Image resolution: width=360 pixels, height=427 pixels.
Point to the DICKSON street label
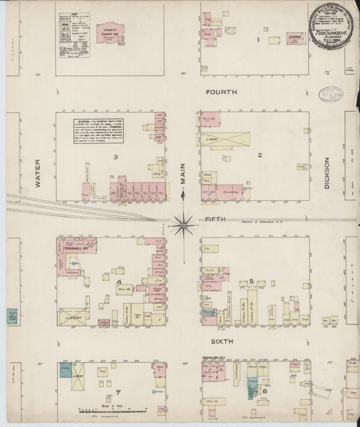326,173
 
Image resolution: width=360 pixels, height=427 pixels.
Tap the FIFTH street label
214,219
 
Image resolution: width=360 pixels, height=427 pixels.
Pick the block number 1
257,39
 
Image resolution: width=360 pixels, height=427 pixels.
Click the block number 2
259,155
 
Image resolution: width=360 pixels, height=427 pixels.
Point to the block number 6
264,391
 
